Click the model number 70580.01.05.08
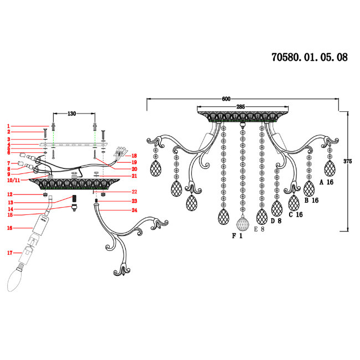(310, 57)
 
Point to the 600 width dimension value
(226, 99)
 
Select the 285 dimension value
(240, 107)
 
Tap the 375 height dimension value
(348, 161)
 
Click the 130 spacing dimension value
(71, 114)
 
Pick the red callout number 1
(8, 126)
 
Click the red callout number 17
(9, 253)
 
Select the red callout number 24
(135, 210)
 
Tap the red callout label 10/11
(13, 180)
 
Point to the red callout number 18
(134, 156)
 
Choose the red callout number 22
(135, 192)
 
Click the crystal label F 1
(237, 236)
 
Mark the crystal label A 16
(326, 182)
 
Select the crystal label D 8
(276, 221)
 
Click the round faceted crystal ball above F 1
(243, 223)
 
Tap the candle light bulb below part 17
(16, 279)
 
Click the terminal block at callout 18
(120, 151)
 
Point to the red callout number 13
(11, 202)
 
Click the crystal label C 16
(296, 215)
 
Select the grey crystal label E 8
(259, 229)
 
